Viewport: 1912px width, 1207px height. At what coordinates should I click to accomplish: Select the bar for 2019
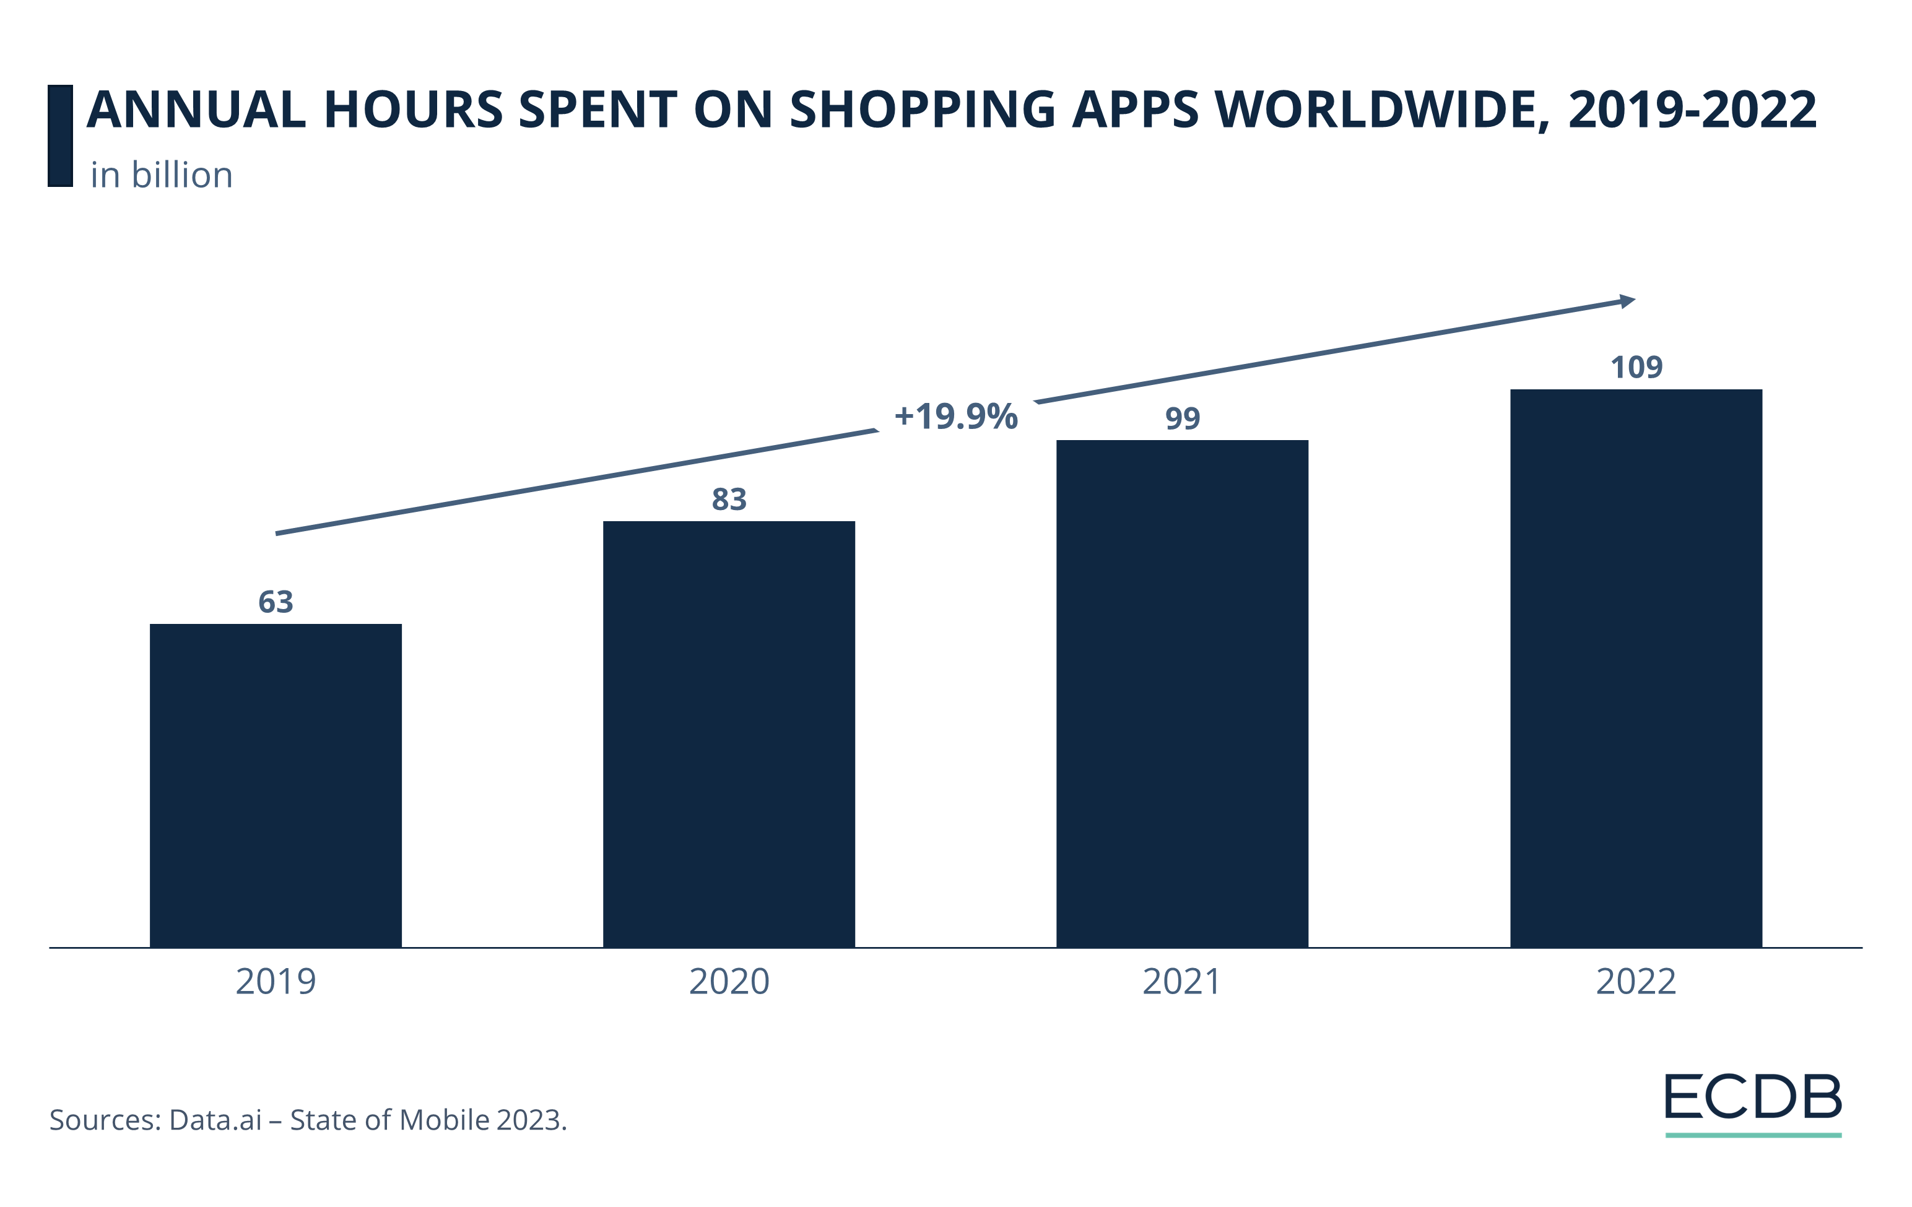[276, 785]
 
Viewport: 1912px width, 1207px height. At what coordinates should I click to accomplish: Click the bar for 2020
[729, 733]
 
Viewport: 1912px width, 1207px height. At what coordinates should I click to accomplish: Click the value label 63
[276, 602]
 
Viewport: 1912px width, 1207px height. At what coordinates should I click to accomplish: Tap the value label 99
[1181, 418]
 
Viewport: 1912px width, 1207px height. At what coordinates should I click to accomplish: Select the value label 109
[1636, 368]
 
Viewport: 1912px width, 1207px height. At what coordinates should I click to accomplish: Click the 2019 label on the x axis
[276, 982]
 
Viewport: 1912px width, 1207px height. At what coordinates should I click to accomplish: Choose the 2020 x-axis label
[729, 982]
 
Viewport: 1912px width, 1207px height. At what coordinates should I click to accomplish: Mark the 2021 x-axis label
[1181, 982]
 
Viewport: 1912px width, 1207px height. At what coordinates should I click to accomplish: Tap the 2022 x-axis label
[1636, 982]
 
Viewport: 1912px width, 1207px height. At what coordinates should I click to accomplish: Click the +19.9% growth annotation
[955, 417]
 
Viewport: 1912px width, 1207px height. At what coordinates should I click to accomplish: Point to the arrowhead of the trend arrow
[1627, 301]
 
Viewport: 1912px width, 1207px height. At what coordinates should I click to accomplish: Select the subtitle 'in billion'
[161, 175]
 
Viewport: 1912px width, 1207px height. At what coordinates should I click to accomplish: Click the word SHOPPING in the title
[922, 110]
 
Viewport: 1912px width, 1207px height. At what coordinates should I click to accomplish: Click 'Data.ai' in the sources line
[215, 1120]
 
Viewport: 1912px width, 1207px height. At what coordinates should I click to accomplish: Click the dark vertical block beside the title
[60, 136]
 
